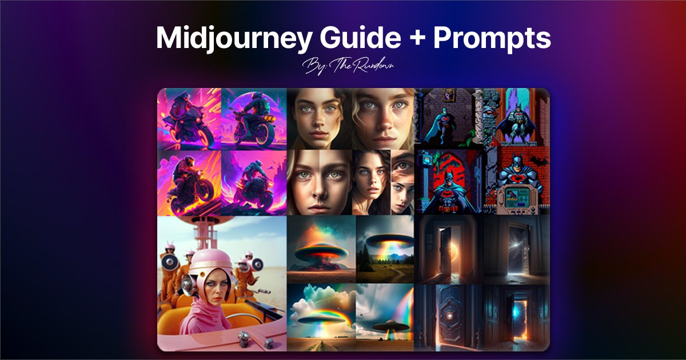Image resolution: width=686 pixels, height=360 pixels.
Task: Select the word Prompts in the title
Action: [x=492, y=38]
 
